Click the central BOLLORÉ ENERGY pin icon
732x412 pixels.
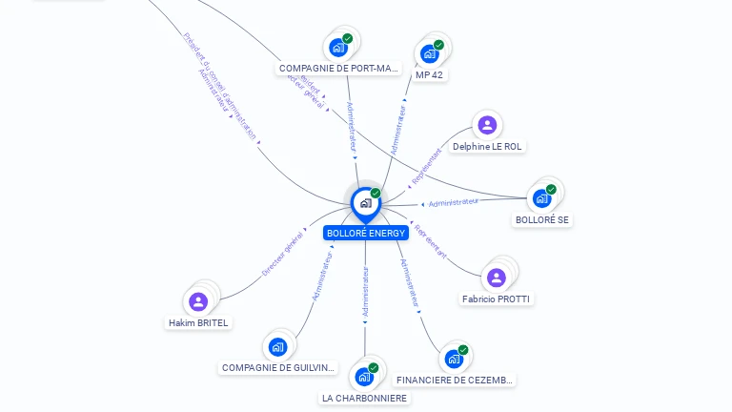(365, 203)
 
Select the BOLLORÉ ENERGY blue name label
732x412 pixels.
(366, 233)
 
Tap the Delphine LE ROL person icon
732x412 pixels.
(487, 125)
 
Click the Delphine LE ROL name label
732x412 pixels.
(488, 147)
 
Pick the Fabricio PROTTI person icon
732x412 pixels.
(496, 278)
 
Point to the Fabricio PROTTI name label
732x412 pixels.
(496, 299)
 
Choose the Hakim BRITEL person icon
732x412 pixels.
(198, 301)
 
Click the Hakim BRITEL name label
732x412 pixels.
(198, 323)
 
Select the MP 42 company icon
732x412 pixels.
(429, 53)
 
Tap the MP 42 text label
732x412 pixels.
(429, 74)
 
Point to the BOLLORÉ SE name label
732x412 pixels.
(542, 220)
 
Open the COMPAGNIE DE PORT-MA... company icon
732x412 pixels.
(337, 47)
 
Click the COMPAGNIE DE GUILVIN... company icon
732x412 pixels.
(277, 346)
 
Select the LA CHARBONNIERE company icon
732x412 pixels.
(363, 377)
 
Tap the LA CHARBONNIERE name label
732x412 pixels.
(364, 399)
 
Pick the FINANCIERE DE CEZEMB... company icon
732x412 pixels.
(453, 359)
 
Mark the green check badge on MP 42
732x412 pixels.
(439, 44)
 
